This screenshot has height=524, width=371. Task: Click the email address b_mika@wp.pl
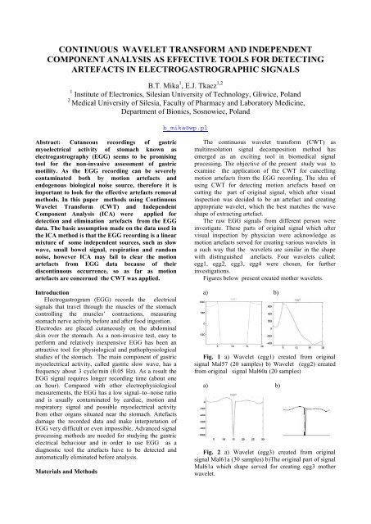pyautogui.click(x=185, y=129)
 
